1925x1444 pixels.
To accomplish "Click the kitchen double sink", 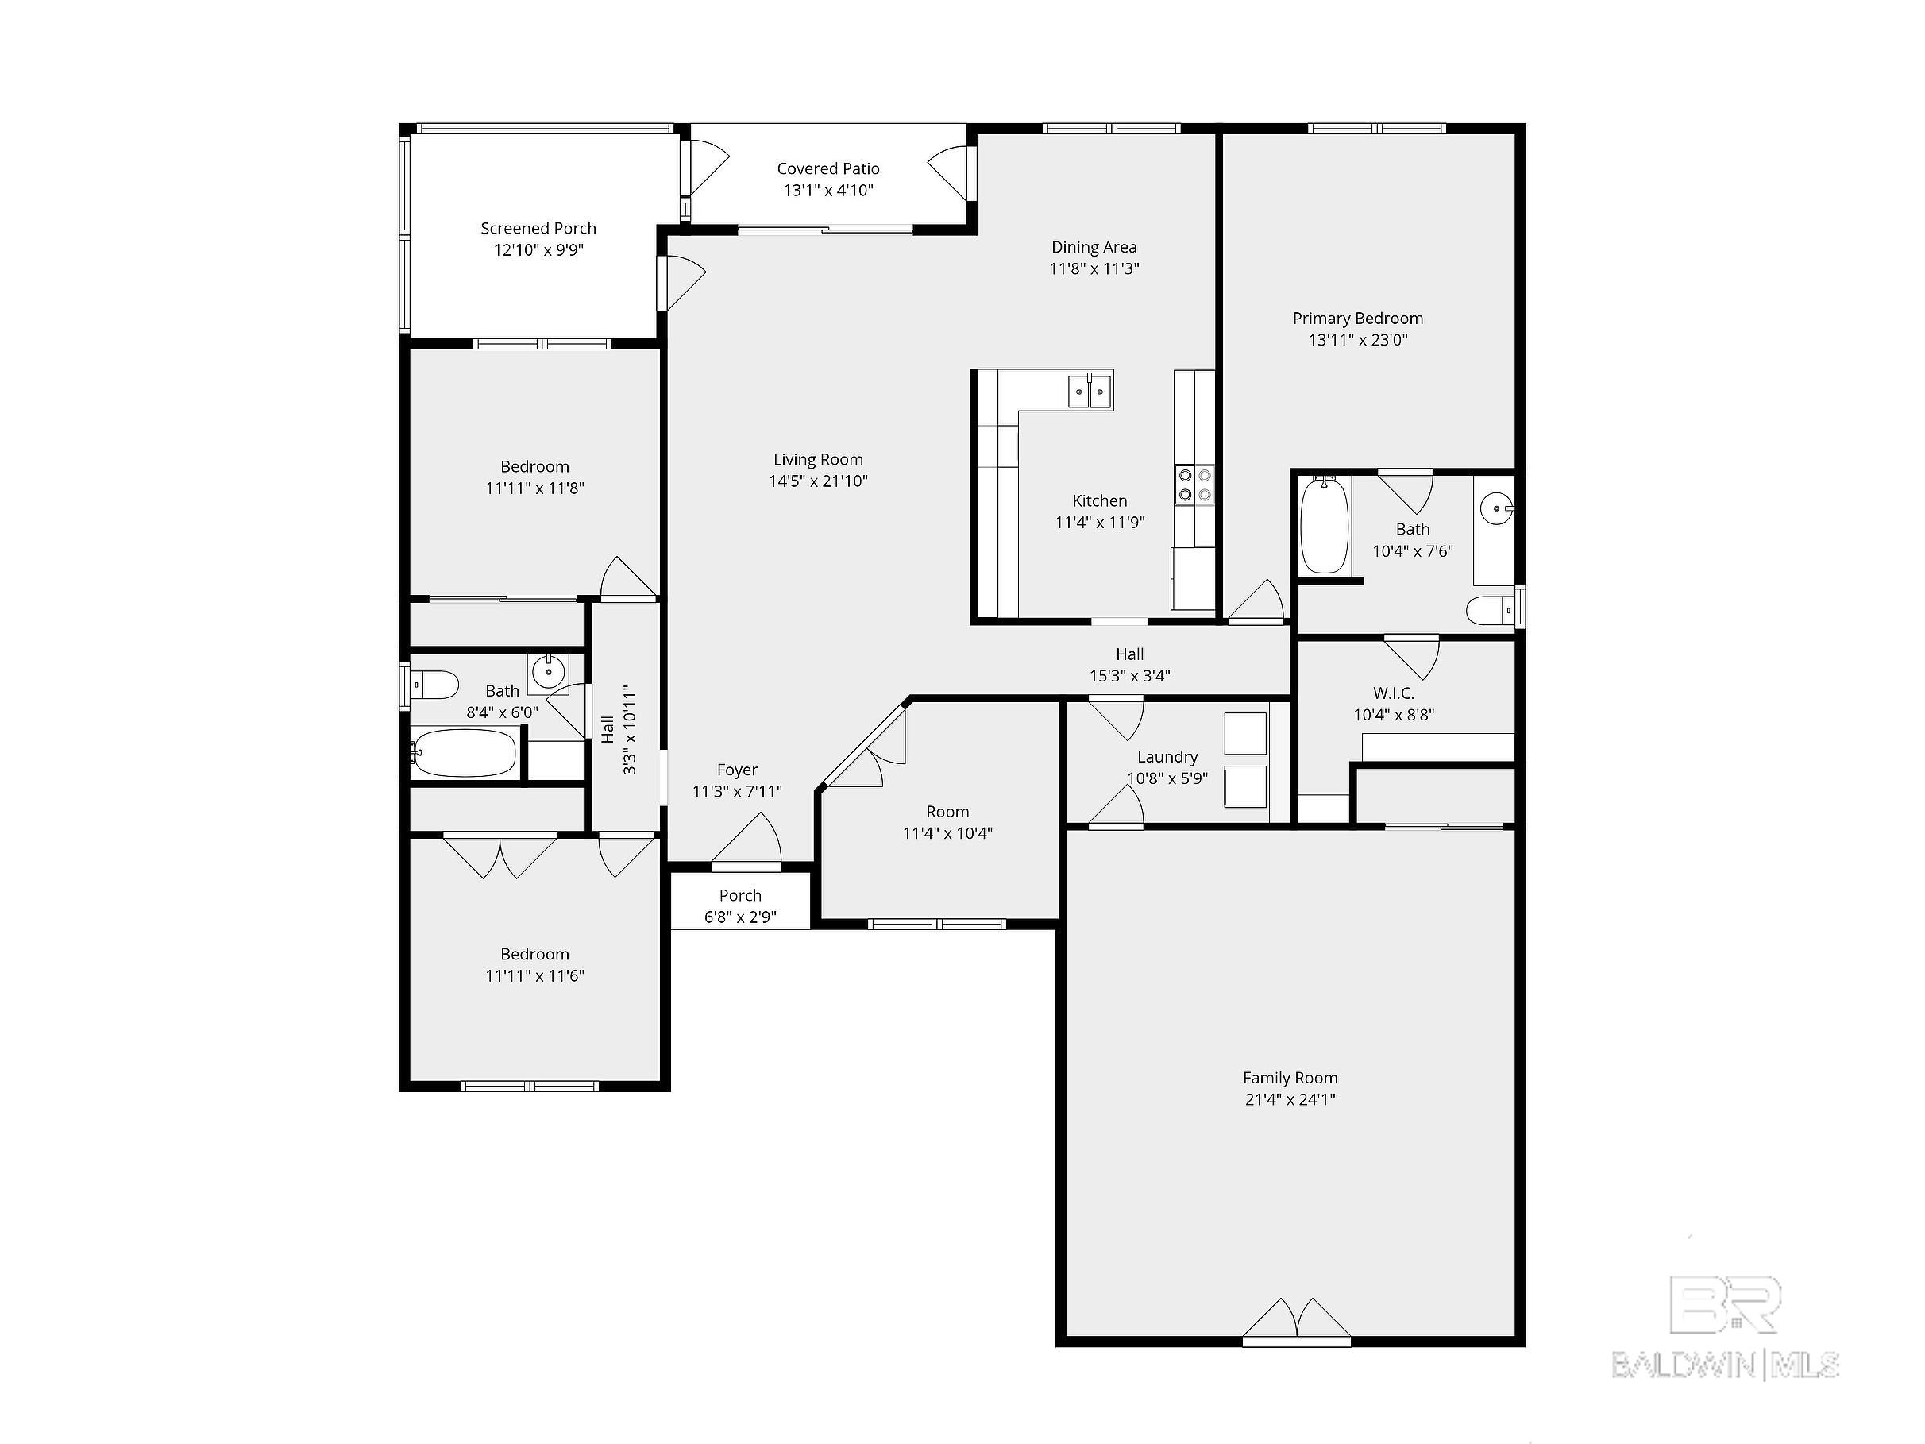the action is [x=1091, y=390].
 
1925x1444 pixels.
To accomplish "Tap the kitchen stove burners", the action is [x=1195, y=485].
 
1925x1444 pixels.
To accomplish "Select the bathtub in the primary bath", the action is [x=1325, y=525].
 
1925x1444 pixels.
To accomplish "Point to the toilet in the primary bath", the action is [x=1491, y=610].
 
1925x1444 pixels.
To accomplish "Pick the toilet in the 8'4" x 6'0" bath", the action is [x=434, y=684].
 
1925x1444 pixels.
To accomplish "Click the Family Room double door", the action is [x=1297, y=1320].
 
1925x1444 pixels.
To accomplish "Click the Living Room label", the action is [x=818, y=460].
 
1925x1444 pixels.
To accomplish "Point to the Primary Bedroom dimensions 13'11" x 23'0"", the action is [x=1358, y=340].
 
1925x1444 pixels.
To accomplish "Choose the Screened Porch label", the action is [x=538, y=229].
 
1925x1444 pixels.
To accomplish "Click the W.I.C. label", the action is [x=1393, y=693].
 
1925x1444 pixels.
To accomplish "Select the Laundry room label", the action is [x=1167, y=757].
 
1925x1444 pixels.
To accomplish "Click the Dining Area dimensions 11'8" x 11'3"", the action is [x=1094, y=269].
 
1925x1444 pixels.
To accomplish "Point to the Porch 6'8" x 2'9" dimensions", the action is [x=739, y=917].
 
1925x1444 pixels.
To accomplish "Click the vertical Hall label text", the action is [x=608, y=729].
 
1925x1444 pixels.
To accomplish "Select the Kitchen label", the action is [x=1099, y=501].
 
